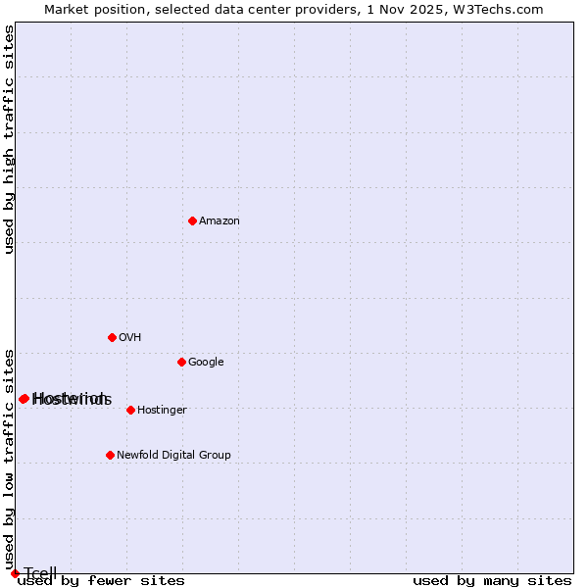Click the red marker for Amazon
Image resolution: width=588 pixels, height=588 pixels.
click(x=192, y=220)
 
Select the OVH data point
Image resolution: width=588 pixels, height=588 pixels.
click(x=112, y=337)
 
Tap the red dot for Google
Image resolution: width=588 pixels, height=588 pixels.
click(x=181, y=362)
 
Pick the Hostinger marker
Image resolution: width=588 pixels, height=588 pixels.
click(x=130, y=410)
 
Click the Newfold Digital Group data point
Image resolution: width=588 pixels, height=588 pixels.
click(x=110, y=455)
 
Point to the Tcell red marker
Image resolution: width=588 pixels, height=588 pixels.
click(x=15, y=573)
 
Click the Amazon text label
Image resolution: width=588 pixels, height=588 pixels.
click(x=220, y=220)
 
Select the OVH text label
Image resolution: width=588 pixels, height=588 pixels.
click(x=130, y=337)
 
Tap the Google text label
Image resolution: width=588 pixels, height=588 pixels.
click(x=206, y=362)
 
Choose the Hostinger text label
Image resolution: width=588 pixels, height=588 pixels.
click(x=162, y=410)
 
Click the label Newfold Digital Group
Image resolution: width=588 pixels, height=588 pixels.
click(x=173, y=455)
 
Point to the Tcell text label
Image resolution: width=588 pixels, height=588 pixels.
click(x=40, y=573)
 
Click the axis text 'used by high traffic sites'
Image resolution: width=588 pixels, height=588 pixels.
click(x=10, y=139)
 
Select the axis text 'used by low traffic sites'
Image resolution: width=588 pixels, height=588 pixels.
click(x=10, y=459)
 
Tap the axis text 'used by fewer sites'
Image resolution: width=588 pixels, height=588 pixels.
click(x=101, y=581)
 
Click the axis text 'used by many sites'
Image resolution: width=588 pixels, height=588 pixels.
click(x=492, y=581)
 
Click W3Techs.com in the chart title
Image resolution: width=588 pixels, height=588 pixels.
click(x=504, y=9)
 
